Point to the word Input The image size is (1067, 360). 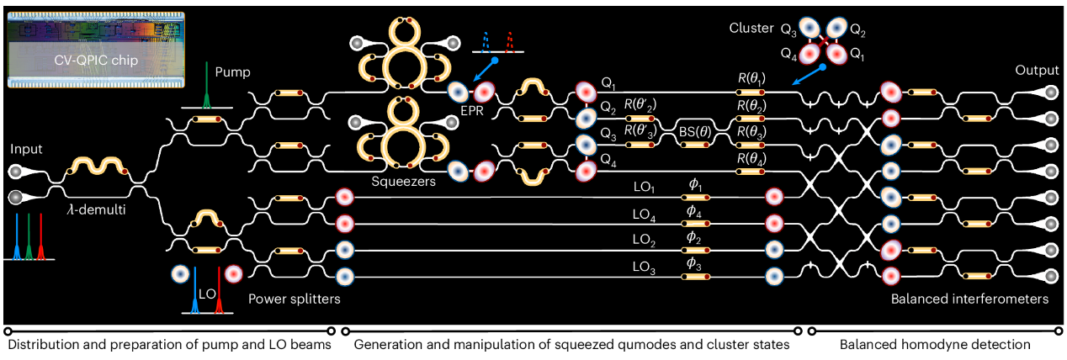point(25,150)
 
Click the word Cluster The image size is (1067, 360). point(751,28)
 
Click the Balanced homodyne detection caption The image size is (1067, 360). point(934,344)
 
